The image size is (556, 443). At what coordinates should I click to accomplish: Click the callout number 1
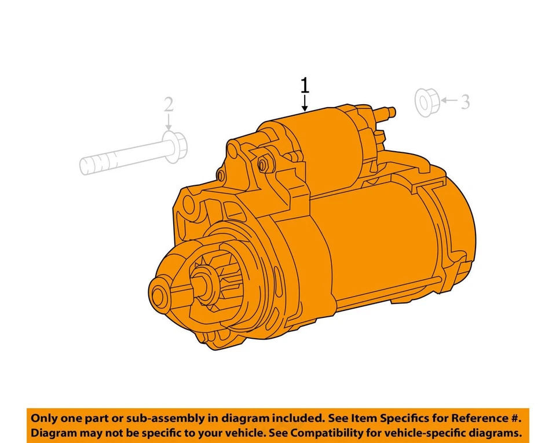coord(305,86)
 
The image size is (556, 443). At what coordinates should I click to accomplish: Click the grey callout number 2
coord(168,104)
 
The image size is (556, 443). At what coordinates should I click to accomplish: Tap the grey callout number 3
coord(464,102)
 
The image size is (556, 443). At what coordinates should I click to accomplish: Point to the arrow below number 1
coord(305,104)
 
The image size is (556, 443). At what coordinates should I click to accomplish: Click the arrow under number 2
coord(168,123)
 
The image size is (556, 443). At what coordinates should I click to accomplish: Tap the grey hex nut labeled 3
coord(426,102)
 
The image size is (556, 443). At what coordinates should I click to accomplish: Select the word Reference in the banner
coord(484,418)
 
